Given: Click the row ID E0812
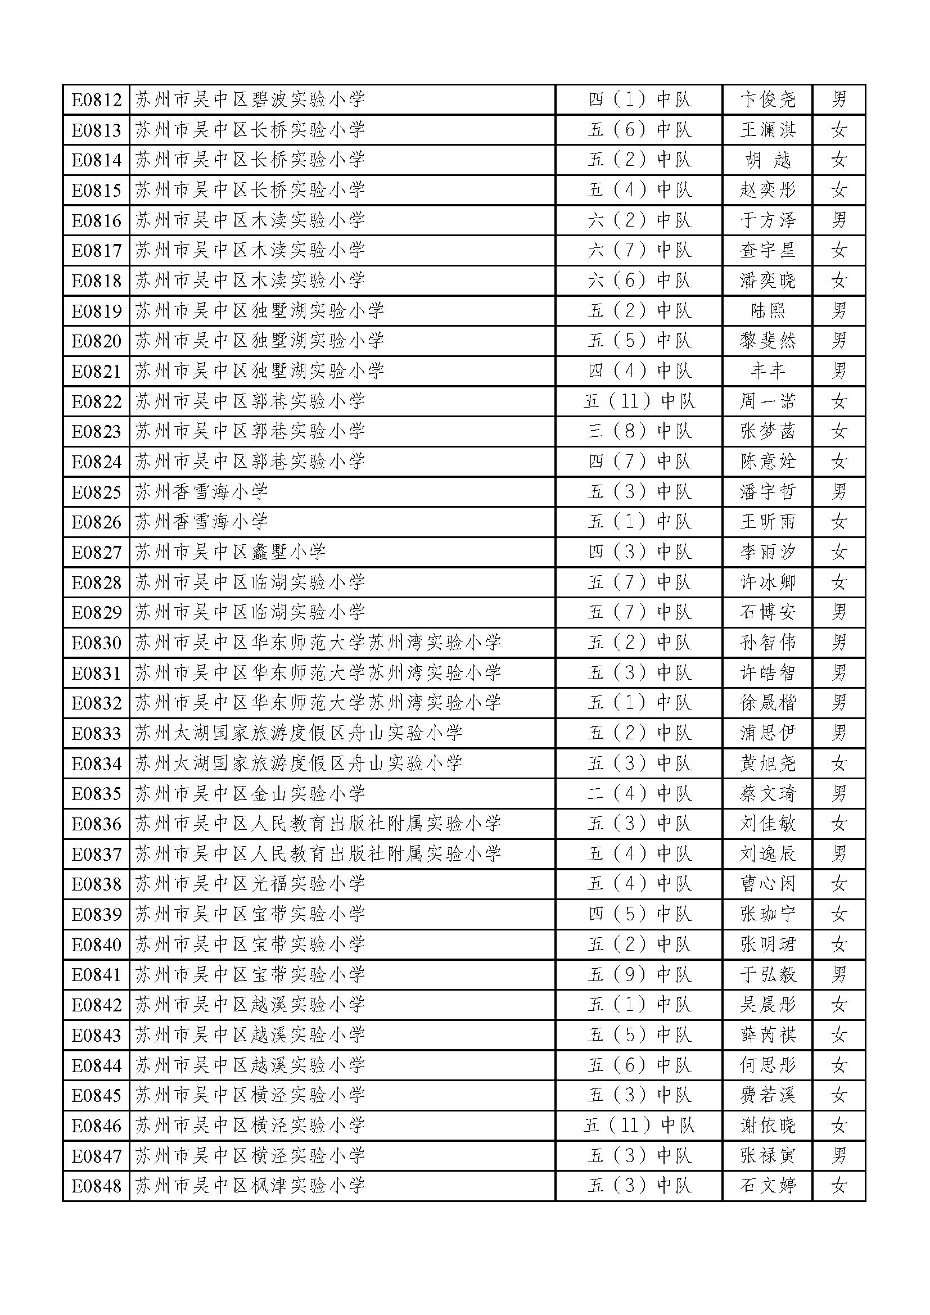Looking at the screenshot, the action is tap(96, 100).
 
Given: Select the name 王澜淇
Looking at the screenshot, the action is tap(768, 130).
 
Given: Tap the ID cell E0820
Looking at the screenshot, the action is tap(96, 341).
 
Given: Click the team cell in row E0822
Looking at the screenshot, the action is tap(639, 401).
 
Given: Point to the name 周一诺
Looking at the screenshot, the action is tap(768, 401).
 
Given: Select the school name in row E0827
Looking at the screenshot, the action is tap(230, 552).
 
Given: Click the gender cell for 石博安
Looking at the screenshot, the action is tap(839, 613).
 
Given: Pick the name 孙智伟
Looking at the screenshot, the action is tap(768, 643).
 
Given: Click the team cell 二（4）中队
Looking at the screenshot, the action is tap(639, 794).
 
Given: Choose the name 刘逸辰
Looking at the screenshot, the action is tap(768, 854).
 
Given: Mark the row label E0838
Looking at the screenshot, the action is tap(96, 884).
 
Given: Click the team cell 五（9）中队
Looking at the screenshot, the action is tap(639, 975).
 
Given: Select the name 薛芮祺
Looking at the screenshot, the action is tap(768, 1035).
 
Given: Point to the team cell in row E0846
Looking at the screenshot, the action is tap(639, 1126).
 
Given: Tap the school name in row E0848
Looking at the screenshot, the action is tap(250, 1186).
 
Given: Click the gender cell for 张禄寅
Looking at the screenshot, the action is tap(839, 1156).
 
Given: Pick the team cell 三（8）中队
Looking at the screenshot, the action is tap(639, 431).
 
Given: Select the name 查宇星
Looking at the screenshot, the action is tap(768, 250).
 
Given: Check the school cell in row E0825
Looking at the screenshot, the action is tap(202, 492).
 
